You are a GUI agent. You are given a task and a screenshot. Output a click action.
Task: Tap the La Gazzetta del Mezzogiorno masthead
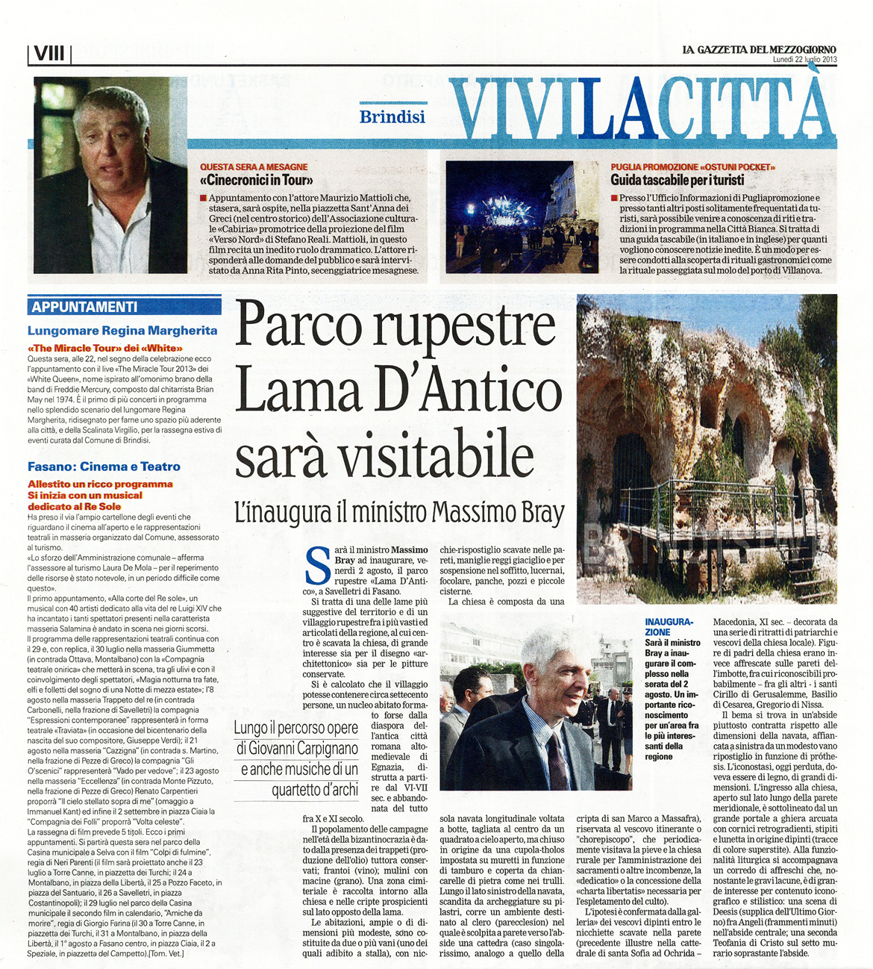[x=759, y=49]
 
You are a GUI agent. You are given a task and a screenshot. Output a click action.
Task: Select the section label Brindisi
[x=392, y=116]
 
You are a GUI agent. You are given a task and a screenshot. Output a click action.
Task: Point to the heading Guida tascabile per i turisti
[x=677, y=180]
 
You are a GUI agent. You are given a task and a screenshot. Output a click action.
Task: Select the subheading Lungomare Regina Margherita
[x=122, y=331]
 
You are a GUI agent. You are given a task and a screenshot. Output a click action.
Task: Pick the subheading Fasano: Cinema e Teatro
[x=104, y=467]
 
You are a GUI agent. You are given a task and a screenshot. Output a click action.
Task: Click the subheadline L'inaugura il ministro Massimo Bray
[x=399, y=513]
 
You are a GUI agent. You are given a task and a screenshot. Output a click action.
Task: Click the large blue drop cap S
[x=319, y=567]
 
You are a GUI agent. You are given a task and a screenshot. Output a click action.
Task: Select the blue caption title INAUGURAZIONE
[x=669, y=626]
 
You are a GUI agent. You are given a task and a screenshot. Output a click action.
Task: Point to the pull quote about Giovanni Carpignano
[x=296, y=758]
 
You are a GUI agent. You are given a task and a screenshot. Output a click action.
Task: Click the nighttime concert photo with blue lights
[x=522, y=216]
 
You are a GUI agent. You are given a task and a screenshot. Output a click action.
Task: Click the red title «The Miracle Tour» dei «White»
[x=105, y=348]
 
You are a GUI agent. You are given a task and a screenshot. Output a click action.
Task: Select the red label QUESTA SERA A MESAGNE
[x=254, y=167]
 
